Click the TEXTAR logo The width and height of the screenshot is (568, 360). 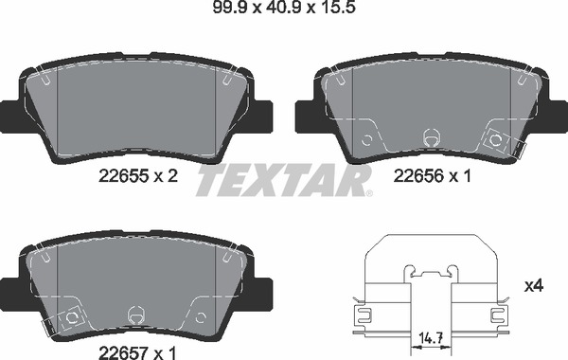pyautogui.click(x=284, y=180)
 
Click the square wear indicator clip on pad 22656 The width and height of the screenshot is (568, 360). pyautogui.click(x=495, y=140)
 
